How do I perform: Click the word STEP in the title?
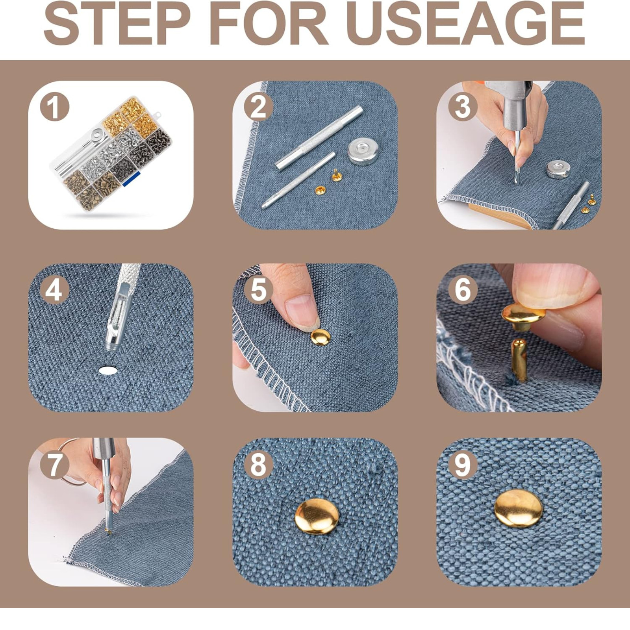117,23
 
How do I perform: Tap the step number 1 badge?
54,107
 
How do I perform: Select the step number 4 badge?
54,290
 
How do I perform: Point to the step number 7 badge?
54,465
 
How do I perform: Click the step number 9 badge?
463,465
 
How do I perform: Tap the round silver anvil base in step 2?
363,151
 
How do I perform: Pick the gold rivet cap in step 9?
519,509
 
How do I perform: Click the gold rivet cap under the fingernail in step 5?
321,337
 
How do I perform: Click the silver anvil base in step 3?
558,169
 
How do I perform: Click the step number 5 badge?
259,290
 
